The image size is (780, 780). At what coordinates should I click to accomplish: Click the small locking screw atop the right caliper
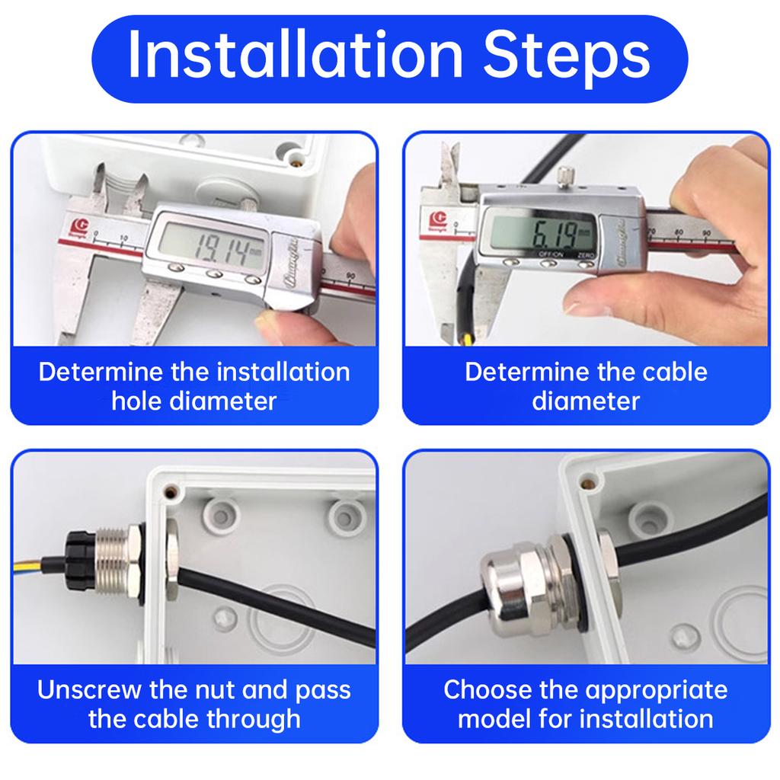[x=564, y=177]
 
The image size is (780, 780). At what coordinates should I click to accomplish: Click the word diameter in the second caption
[x=586, y=401]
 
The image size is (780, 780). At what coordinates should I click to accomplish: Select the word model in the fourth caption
[x=496, y=718]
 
